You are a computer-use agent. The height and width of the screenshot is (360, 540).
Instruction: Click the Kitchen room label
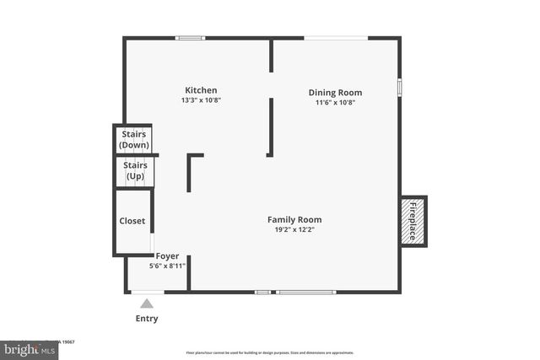click(x=201, y=90)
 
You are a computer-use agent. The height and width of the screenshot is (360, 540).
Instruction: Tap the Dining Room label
click(x=335, y=93)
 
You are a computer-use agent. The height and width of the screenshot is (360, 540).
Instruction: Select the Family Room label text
click(x=294, y=220)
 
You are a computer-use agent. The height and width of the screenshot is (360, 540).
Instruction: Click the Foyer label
click(x=167, y=255)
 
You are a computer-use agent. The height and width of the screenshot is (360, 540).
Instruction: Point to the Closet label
click(x=132, y=221)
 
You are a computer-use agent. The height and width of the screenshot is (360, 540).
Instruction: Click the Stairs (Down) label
click(x=134, y=139)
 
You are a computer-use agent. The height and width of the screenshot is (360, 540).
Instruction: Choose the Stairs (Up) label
click(x=135, y=170)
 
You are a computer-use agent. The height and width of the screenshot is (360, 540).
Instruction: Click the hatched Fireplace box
click(x=413, y=222)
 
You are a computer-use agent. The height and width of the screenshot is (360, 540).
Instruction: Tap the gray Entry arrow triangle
click(x=147, y=303)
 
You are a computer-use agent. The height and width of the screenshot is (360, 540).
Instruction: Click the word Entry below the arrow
click(x=147, y=319)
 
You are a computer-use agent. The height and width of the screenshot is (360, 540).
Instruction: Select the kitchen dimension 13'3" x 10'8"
click(x=201, y=100)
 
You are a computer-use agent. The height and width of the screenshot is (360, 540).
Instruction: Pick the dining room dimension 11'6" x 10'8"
click(x=335, y=103)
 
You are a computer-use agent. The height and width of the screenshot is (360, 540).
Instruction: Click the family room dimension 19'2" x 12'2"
click(x=294, y=230)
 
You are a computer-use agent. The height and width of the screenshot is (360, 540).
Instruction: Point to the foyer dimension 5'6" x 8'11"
click(x=167, y=266)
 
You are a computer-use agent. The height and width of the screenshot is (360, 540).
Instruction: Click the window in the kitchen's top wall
click(x=190, y=38)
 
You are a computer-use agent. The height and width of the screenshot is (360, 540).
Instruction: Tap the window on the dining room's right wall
click(x=399, y=87)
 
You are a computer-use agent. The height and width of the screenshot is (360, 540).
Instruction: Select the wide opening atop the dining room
click(x=335, y=38)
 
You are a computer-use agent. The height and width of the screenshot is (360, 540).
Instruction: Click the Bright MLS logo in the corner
click(x=25, y=347)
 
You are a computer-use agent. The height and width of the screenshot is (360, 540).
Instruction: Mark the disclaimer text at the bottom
click(x=270, y=352)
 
